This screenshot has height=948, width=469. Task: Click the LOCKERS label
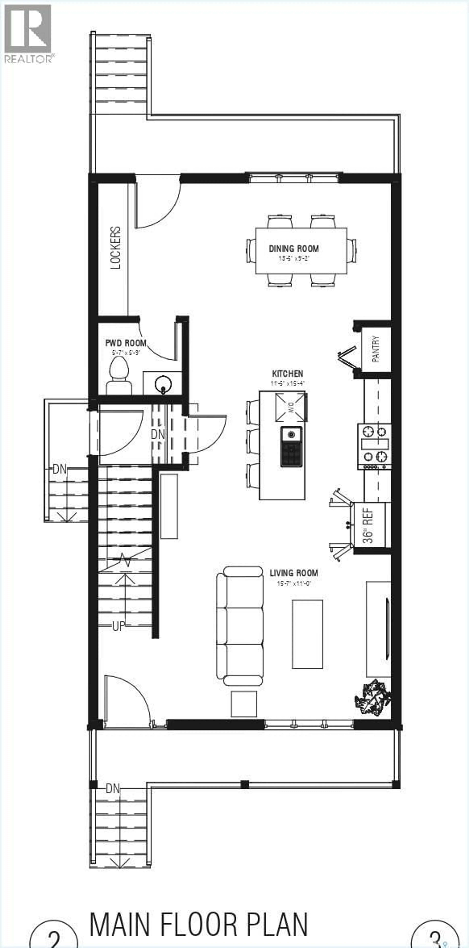click(115, 248)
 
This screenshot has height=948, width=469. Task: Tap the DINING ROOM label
click(294, 249)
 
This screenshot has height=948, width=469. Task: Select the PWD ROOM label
click(126, 343)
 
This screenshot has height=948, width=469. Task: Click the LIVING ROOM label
click(294, 573)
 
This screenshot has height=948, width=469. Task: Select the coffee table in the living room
click(307, 634)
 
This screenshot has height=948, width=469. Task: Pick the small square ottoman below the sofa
click(244, 704)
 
